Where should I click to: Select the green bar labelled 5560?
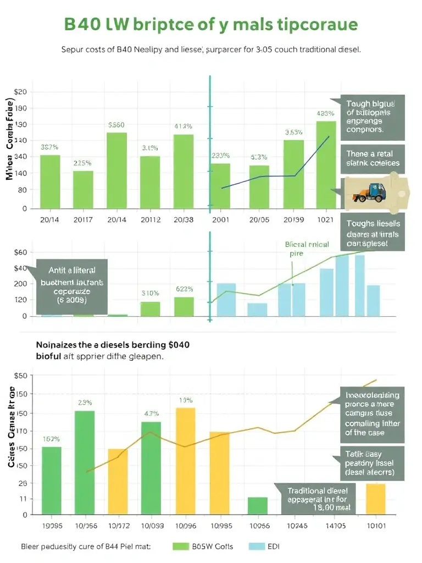(116, 170)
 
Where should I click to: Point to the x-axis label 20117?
(83, 219)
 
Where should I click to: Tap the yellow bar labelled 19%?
(185, 461)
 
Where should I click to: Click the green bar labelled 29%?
(85, 462)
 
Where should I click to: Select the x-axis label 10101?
(376, 525)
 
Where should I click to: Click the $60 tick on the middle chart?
(20, 252)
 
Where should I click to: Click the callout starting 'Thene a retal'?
(373, 158)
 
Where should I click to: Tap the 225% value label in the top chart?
(82, 163)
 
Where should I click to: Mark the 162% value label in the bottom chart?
(51, 439)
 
